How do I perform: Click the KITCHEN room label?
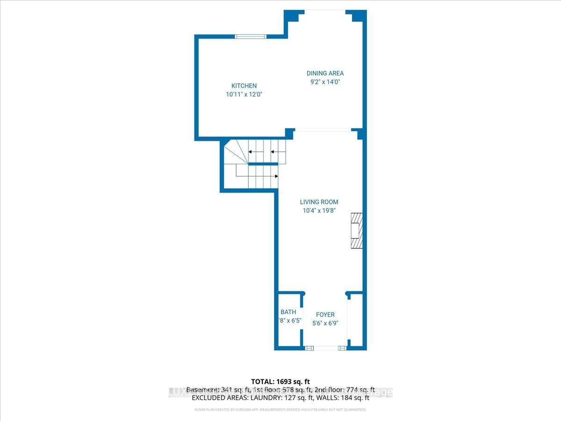click(244, 86)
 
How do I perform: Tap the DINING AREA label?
click(325, 73)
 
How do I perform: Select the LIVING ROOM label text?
click(319, 202)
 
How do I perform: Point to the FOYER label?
click(325, 315)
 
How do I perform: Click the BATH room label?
click(288, 312)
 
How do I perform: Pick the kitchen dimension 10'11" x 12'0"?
click(244, 94)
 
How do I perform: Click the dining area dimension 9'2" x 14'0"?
click(325, 82)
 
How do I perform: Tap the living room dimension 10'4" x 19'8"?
click(319, 210)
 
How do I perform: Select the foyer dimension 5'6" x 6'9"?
click(325, 323)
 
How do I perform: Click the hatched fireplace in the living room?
click(357, 231)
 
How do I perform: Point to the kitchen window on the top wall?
click(251, 36)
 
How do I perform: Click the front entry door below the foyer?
click(325, 348)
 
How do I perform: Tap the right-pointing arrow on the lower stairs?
click(277, 176)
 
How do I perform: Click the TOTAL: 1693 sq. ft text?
click(280, 382)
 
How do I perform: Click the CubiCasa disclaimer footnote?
click(280, 410)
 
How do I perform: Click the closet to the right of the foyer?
click(356, 320)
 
